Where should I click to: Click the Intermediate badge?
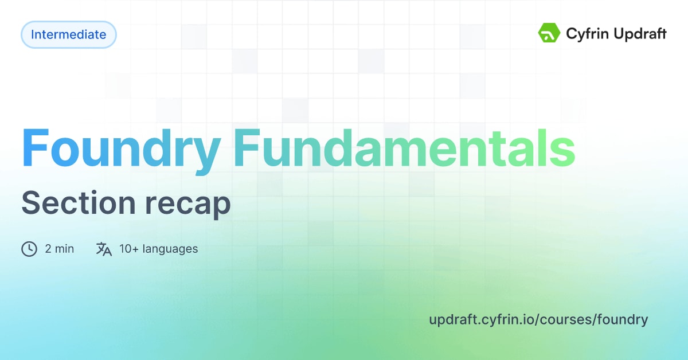coord(69,34)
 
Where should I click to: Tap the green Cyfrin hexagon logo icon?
coord(549,34)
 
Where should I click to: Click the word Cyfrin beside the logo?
coord(584,34)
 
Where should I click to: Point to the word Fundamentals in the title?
coord(404,148)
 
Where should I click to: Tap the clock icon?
coord(29,249)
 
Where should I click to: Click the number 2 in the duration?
coord(48,249)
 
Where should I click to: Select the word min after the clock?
coord(64,249)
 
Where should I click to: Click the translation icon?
coord(104,249)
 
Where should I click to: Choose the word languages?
coord(170,249)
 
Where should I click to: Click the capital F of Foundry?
coord(36,148)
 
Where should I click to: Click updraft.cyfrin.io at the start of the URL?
coord(480,319)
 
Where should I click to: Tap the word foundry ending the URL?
coord(623,319)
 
